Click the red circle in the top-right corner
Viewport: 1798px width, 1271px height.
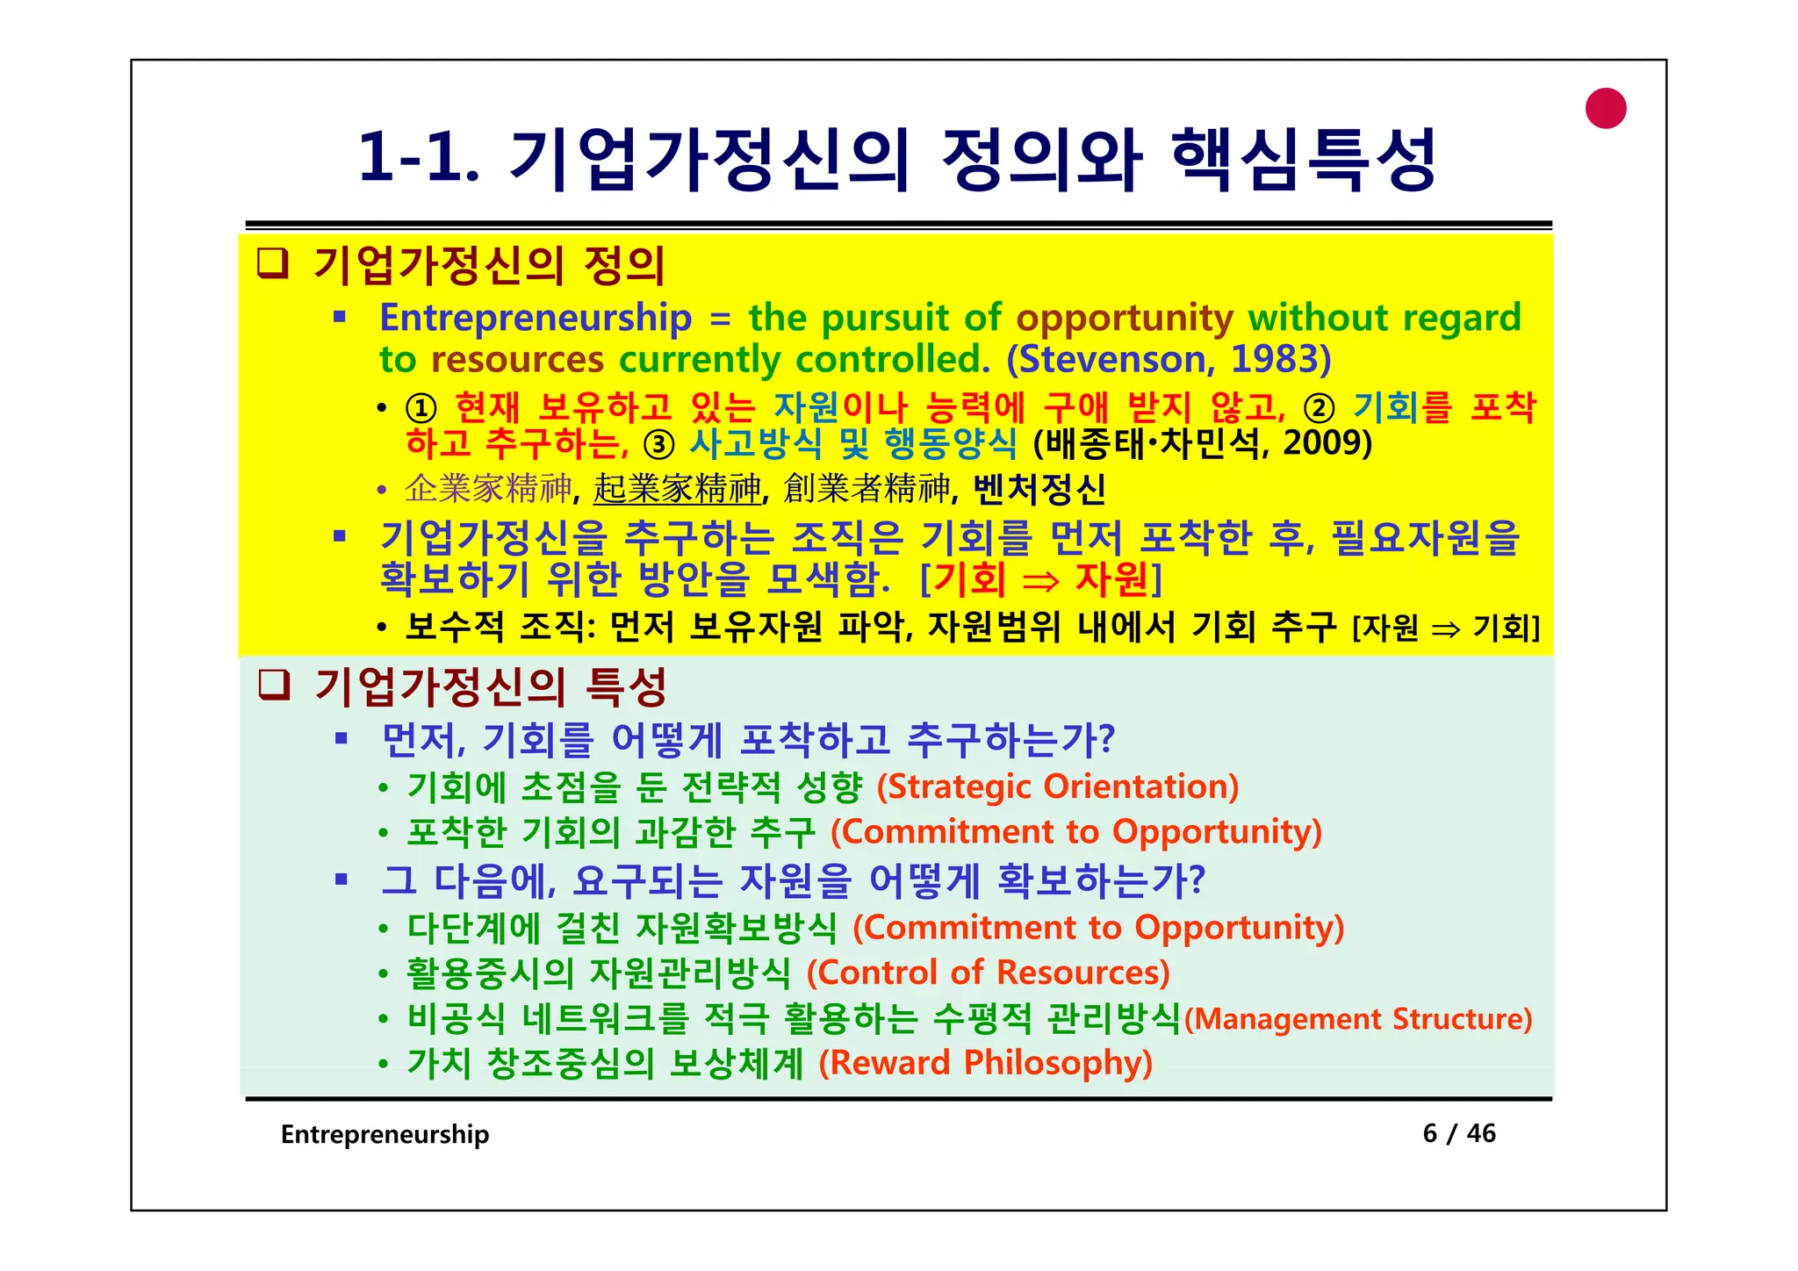1606,109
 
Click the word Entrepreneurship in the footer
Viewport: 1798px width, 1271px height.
385,1134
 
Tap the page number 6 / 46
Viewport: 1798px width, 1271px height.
1458,1133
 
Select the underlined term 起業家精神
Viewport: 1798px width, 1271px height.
677,489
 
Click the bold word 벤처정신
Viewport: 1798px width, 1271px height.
1039,489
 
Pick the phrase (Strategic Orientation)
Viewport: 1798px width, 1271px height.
1058,786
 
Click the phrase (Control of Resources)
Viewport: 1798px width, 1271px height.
989,973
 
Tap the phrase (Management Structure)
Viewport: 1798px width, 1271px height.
1358,1019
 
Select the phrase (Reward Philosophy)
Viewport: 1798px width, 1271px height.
985,1063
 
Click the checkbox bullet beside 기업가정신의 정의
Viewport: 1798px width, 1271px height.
273,263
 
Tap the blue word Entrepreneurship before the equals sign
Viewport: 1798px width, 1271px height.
536,318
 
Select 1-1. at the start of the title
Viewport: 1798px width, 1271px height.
418,158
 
